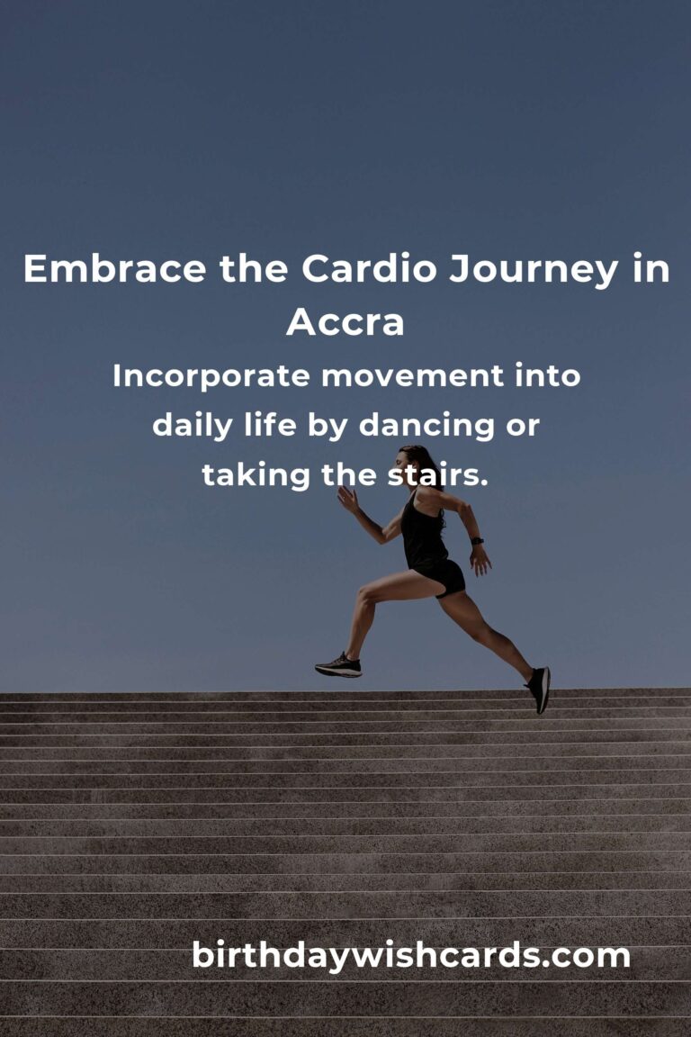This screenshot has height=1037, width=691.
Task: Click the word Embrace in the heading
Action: (114, 268)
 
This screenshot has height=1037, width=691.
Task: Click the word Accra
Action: (345, 322)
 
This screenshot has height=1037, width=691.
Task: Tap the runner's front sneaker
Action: (338, 666)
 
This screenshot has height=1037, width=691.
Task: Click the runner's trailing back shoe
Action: (539, 690)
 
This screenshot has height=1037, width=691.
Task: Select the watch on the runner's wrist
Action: (477, 541)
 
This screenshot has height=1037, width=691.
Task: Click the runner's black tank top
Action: (424, 531)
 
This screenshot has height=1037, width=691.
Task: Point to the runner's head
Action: (413, 462)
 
